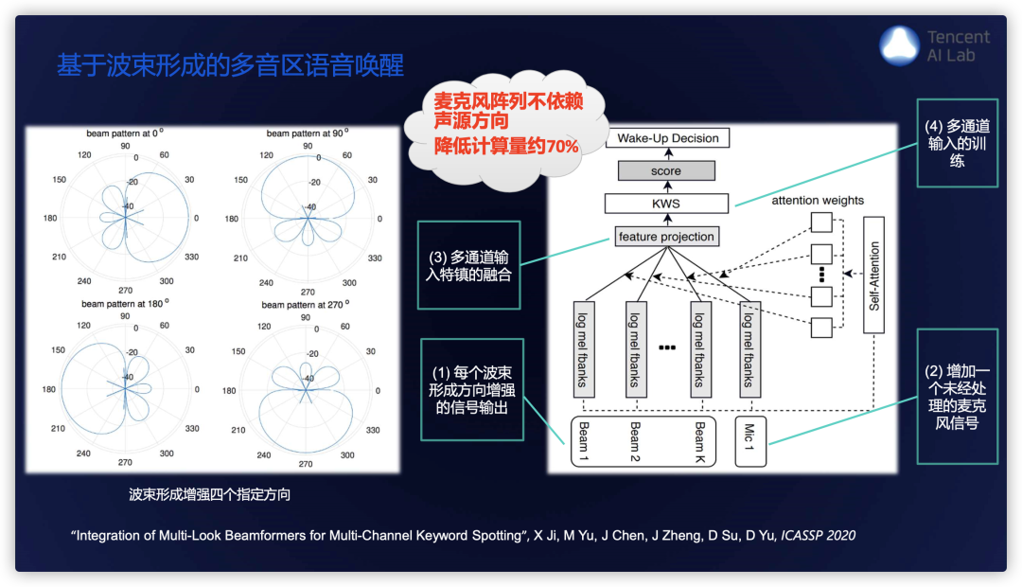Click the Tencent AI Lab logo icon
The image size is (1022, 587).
[x=900, y=45]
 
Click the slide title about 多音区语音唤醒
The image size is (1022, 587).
[x=230, y=65]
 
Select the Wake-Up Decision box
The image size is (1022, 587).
[x=668, y=138]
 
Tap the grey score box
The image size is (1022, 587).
[x=666, y=171]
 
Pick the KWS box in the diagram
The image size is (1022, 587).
[x=666, y=204]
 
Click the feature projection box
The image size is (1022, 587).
[x=666, y=237]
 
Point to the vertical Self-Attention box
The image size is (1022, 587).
[x=873, y=276]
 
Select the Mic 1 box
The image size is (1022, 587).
[x=750, y=441]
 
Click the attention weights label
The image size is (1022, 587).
[x=818, y=201]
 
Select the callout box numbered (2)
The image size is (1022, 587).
[x=957, y=396]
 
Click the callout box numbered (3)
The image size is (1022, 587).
[x=469, y=264]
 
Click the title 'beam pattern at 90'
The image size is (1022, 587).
[x=304, y=133]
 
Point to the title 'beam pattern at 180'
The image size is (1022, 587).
[x=125, y=304]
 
